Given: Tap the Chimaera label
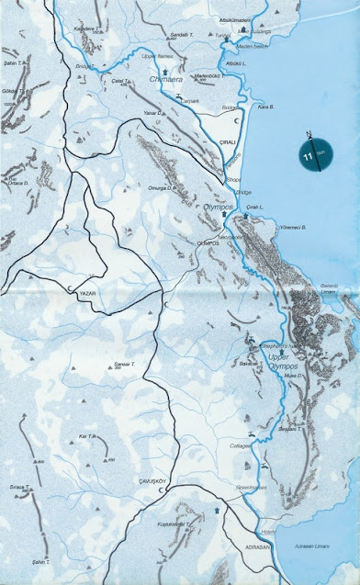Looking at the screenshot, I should click(x=164, y=80).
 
